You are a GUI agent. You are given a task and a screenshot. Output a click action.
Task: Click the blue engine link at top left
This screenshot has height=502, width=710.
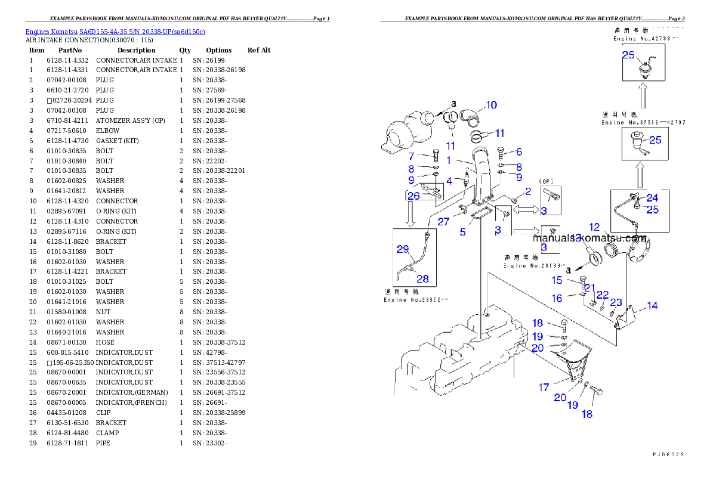coord(115,32)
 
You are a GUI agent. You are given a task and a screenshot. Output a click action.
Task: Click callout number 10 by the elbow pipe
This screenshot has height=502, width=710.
coord(490,106)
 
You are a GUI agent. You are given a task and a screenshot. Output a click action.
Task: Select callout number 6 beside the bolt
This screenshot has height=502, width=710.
coord(519,153)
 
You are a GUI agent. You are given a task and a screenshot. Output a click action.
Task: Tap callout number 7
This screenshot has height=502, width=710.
coord(411,156)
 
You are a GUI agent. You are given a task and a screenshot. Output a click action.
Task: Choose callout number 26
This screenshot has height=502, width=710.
coord(413,196)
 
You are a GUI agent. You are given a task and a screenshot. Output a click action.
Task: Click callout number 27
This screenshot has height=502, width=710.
coord(443,222)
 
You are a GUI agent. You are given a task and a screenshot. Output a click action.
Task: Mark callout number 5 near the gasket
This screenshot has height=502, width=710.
coord(462,232)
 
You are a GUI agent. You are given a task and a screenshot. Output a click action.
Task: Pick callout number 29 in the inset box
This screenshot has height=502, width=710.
coord(403,249)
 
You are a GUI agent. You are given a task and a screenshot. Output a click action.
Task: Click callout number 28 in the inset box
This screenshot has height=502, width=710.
coord(422,278)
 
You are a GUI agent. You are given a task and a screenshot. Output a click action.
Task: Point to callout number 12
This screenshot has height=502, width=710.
coord(595,227)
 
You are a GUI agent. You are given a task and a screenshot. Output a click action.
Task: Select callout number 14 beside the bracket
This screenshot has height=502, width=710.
coord(652,306)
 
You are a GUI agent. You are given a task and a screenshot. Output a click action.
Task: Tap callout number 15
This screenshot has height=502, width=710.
coord(557,280)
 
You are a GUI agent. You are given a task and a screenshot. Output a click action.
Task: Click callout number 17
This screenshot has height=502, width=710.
coord(544,388)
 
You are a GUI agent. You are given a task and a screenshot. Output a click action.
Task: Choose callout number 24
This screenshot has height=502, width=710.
coord(652,198)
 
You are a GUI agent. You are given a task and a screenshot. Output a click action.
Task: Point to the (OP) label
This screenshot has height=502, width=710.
coord(548,181)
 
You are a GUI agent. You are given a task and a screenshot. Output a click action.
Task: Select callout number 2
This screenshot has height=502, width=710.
coord(527,191)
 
